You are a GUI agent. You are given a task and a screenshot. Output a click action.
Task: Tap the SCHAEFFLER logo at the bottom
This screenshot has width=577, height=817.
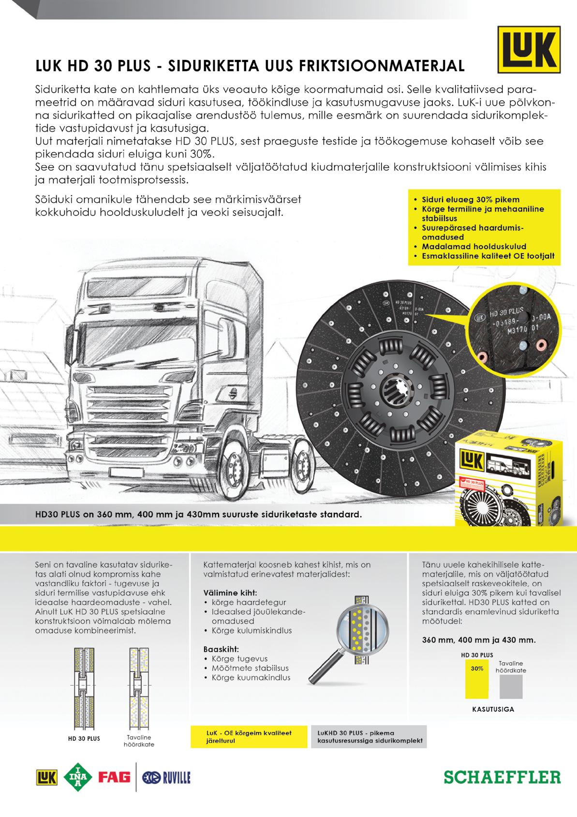(x=503, y=777)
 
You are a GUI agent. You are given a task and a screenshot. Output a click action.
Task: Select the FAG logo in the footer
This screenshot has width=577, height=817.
(x=114, y=777)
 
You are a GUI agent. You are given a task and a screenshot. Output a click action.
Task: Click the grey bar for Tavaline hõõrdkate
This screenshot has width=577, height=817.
(x=511, y=686)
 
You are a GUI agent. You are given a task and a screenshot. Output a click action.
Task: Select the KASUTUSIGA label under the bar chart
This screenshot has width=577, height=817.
(x=493, y=710)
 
